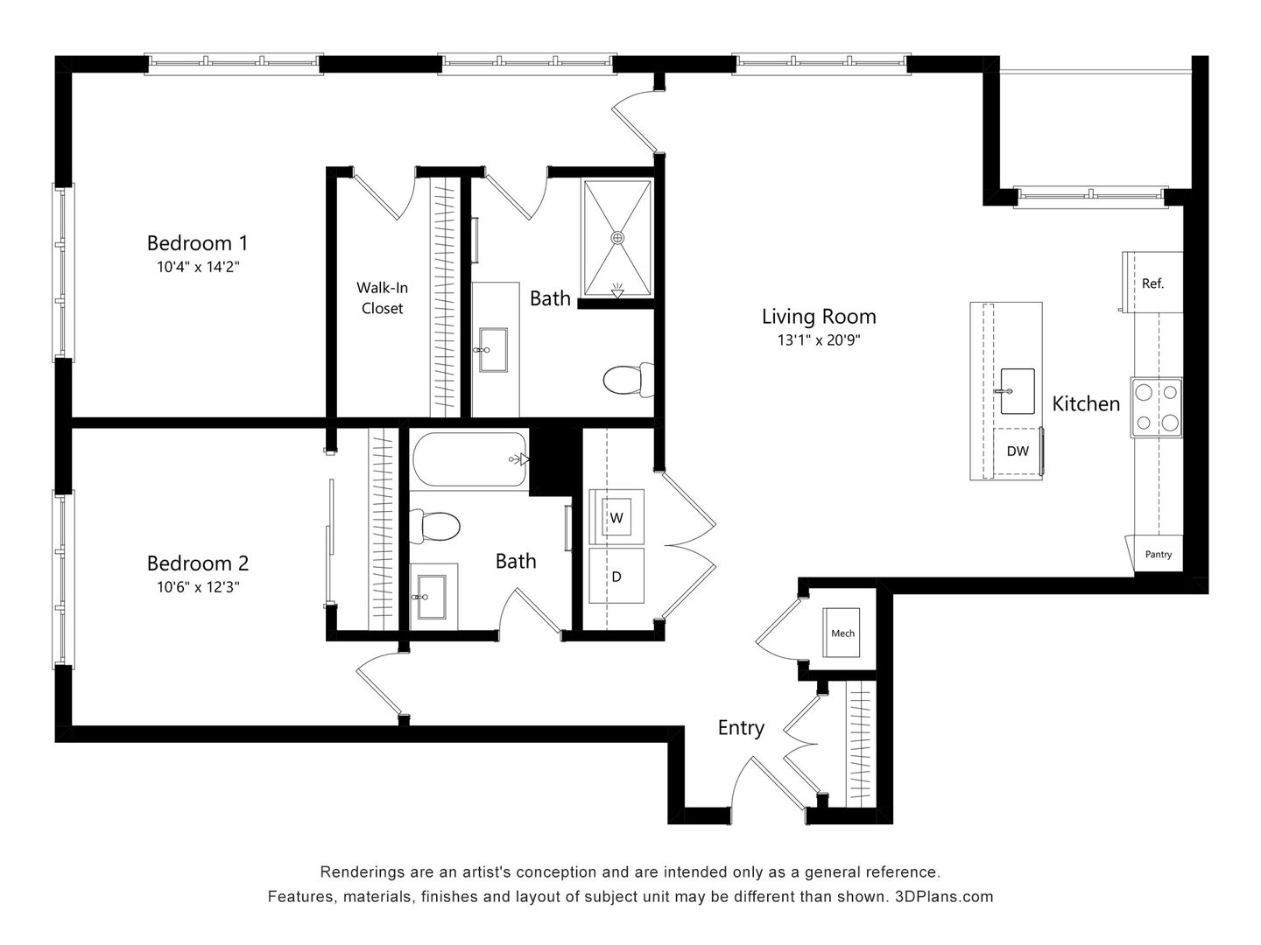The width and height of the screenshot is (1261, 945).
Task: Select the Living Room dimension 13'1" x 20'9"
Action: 818,340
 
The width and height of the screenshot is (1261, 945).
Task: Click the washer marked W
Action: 616,517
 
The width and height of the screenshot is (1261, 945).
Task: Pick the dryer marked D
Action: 616,576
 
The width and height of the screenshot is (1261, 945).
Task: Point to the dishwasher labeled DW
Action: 1017,451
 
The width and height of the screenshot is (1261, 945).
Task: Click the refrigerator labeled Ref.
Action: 1152,283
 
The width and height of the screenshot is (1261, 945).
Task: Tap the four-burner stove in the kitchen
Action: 1156,407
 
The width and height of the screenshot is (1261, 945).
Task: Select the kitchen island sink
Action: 1016,390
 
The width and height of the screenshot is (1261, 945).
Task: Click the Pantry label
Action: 1158,555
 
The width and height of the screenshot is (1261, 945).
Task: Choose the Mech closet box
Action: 842,633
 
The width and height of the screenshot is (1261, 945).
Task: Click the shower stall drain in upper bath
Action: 617,237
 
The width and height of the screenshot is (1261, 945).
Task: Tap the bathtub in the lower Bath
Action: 468,459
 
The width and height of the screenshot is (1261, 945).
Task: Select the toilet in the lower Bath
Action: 437,527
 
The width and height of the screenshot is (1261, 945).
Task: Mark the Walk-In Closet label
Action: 383,297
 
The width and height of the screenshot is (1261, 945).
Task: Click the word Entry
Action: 741,727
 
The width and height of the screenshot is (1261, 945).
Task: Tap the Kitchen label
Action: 1086,403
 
